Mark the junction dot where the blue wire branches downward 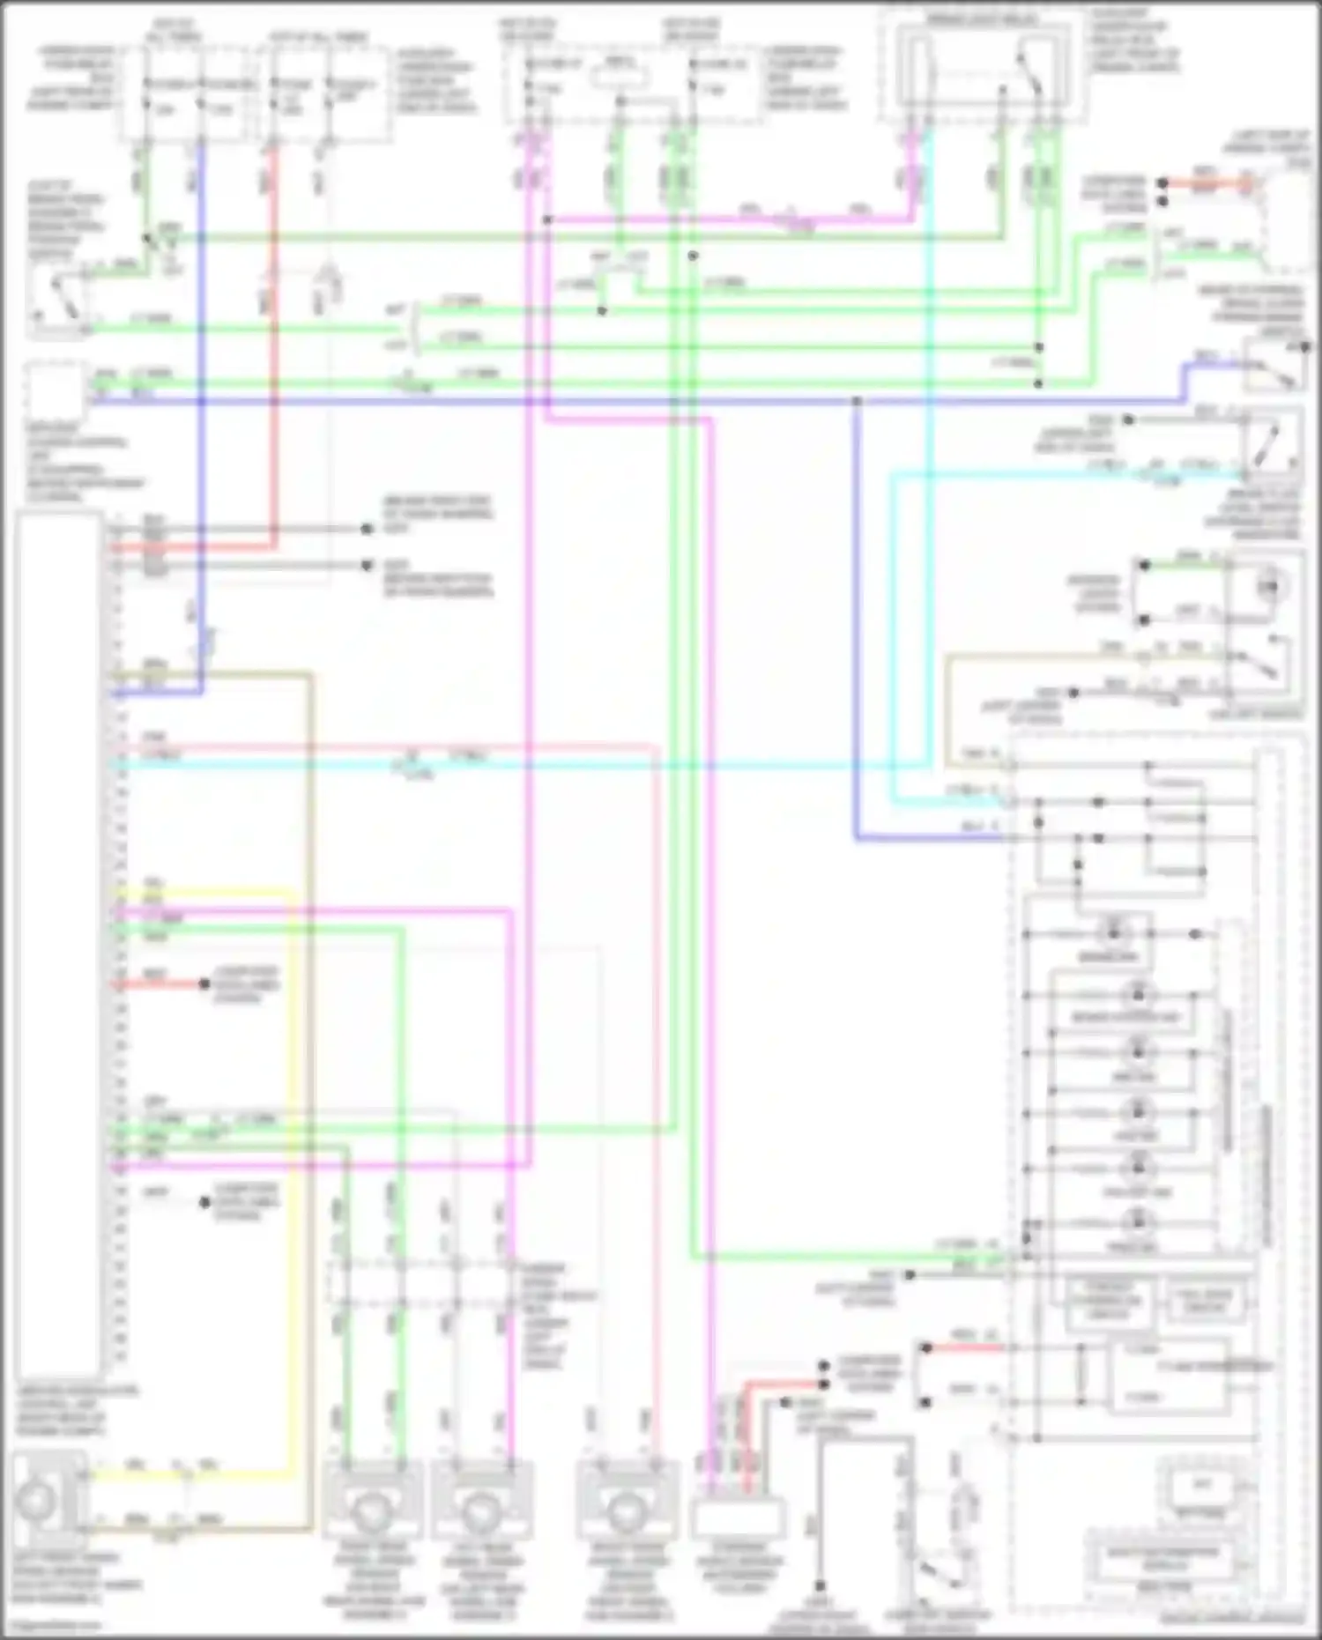pos(857,402)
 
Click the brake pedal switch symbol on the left pos(56,300)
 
